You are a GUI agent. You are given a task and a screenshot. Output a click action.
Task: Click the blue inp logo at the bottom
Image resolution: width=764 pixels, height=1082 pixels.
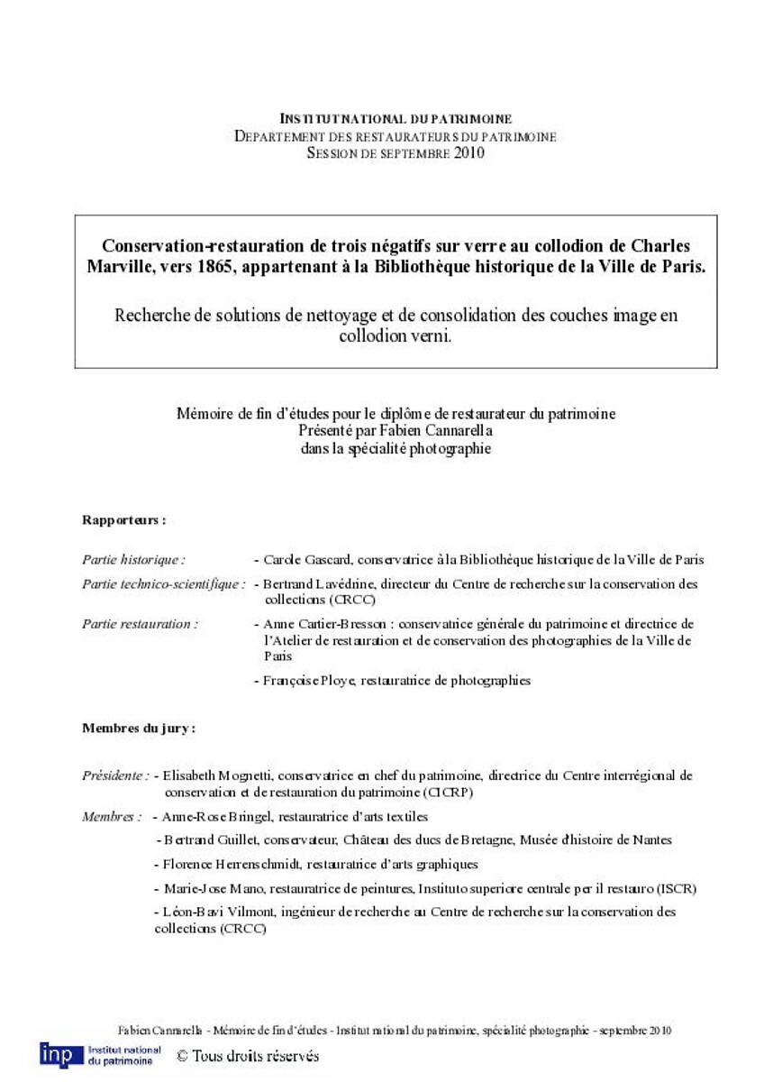[x=59, y=1054]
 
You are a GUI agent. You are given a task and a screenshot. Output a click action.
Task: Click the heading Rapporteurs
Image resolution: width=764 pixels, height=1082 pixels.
[x=123, y=520]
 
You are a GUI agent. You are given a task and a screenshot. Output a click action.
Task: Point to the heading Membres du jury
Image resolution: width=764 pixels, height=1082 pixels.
[x=139, y=728]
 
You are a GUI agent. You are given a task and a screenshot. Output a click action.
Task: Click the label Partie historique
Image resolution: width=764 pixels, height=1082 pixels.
[x=133, y=560]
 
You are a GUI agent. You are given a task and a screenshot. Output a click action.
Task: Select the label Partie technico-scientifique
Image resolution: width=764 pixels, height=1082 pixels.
[x=163, y=584]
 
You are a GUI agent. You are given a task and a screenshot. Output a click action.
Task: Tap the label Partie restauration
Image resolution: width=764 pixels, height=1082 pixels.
[x=140, y=623]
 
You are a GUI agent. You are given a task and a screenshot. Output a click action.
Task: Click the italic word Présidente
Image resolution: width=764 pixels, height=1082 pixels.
[x=115, y=775]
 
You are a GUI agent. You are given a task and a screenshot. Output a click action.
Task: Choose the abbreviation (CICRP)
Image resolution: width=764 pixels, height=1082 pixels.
[x=446, y=793]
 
